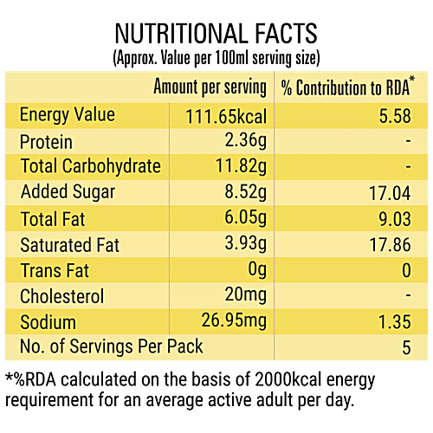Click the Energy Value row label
coord(67,115)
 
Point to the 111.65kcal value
coord(225,116)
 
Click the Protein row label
coord(46,142)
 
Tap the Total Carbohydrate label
coord(90,166)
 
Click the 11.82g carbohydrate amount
coord(240,166)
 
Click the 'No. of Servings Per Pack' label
coord(111,347)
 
